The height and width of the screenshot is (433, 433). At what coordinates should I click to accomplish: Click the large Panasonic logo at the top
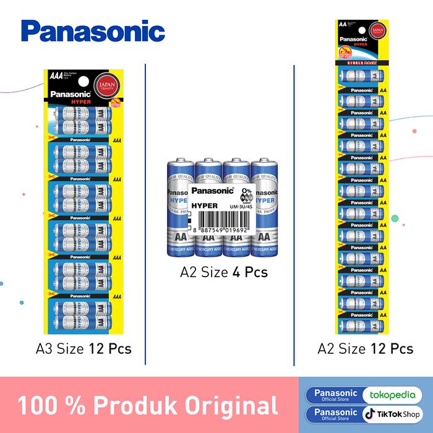click(92, 31)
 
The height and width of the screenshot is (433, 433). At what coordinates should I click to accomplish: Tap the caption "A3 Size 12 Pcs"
click(84, 348)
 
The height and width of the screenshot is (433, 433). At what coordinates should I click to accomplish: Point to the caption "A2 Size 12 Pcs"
click(365, 348)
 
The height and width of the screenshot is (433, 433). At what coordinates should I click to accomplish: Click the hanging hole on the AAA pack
click(81, 79)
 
